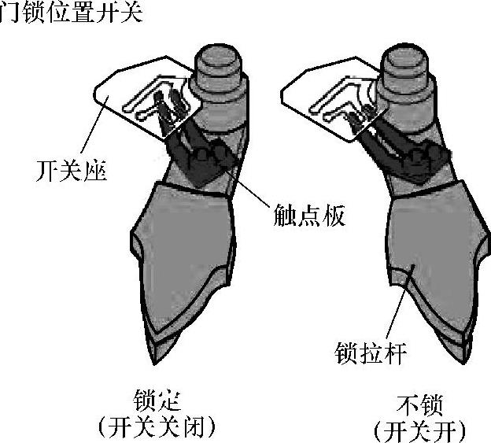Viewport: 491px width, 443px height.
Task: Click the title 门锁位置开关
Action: click(x=71, y=13)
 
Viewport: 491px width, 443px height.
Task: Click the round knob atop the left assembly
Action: click(x=216, y=61)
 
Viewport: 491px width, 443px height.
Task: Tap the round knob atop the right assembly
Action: click(x=403, y=61)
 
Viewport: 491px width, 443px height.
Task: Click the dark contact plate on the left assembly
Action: click(x=201, y=157)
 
